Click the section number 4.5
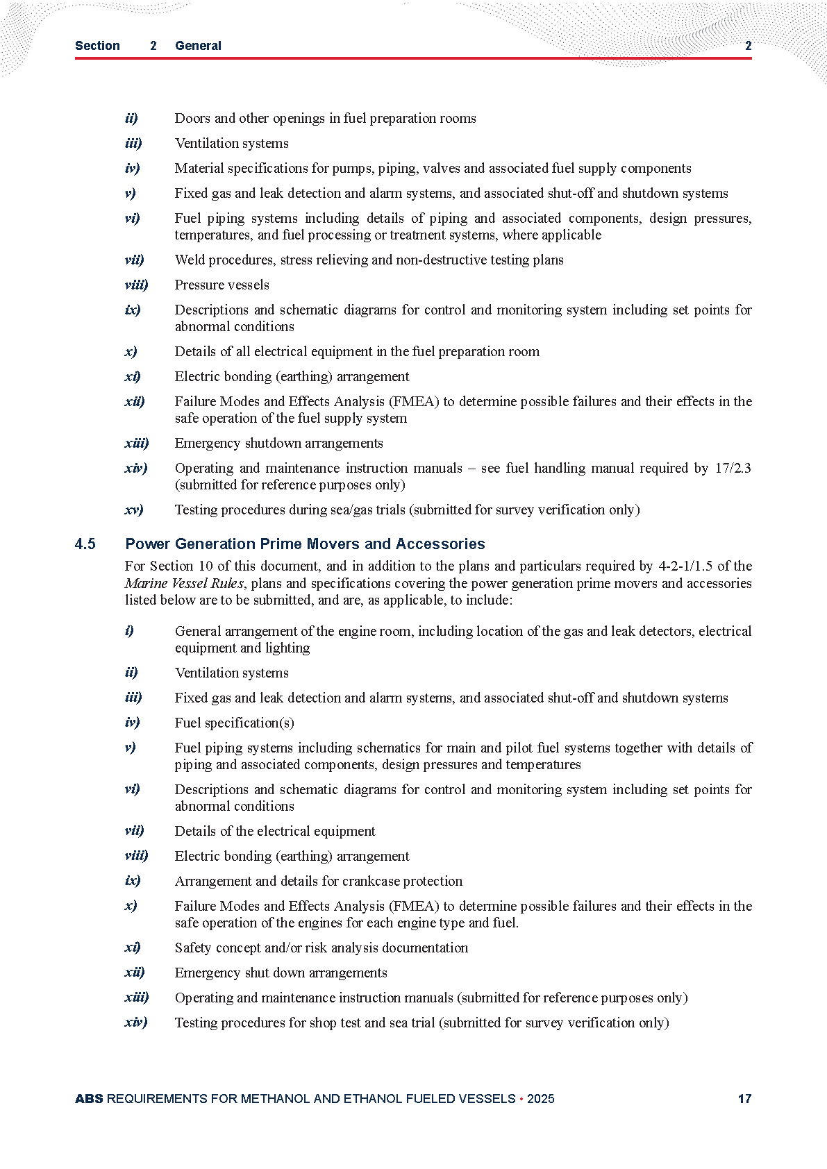point(85,544)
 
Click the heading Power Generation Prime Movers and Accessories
point(305,544)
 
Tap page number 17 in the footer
point(744,1099)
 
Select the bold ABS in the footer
point(89,1099)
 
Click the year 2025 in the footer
point(540,1099)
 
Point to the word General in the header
point(198,46)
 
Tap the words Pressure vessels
point(222,285)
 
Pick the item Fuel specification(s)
point(234,723)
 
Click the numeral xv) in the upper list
point(134,510)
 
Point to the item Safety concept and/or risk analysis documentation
point(321,948)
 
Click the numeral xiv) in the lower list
point(136,1023)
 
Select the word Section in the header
point(97,46)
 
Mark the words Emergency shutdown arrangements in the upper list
point(278,444)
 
